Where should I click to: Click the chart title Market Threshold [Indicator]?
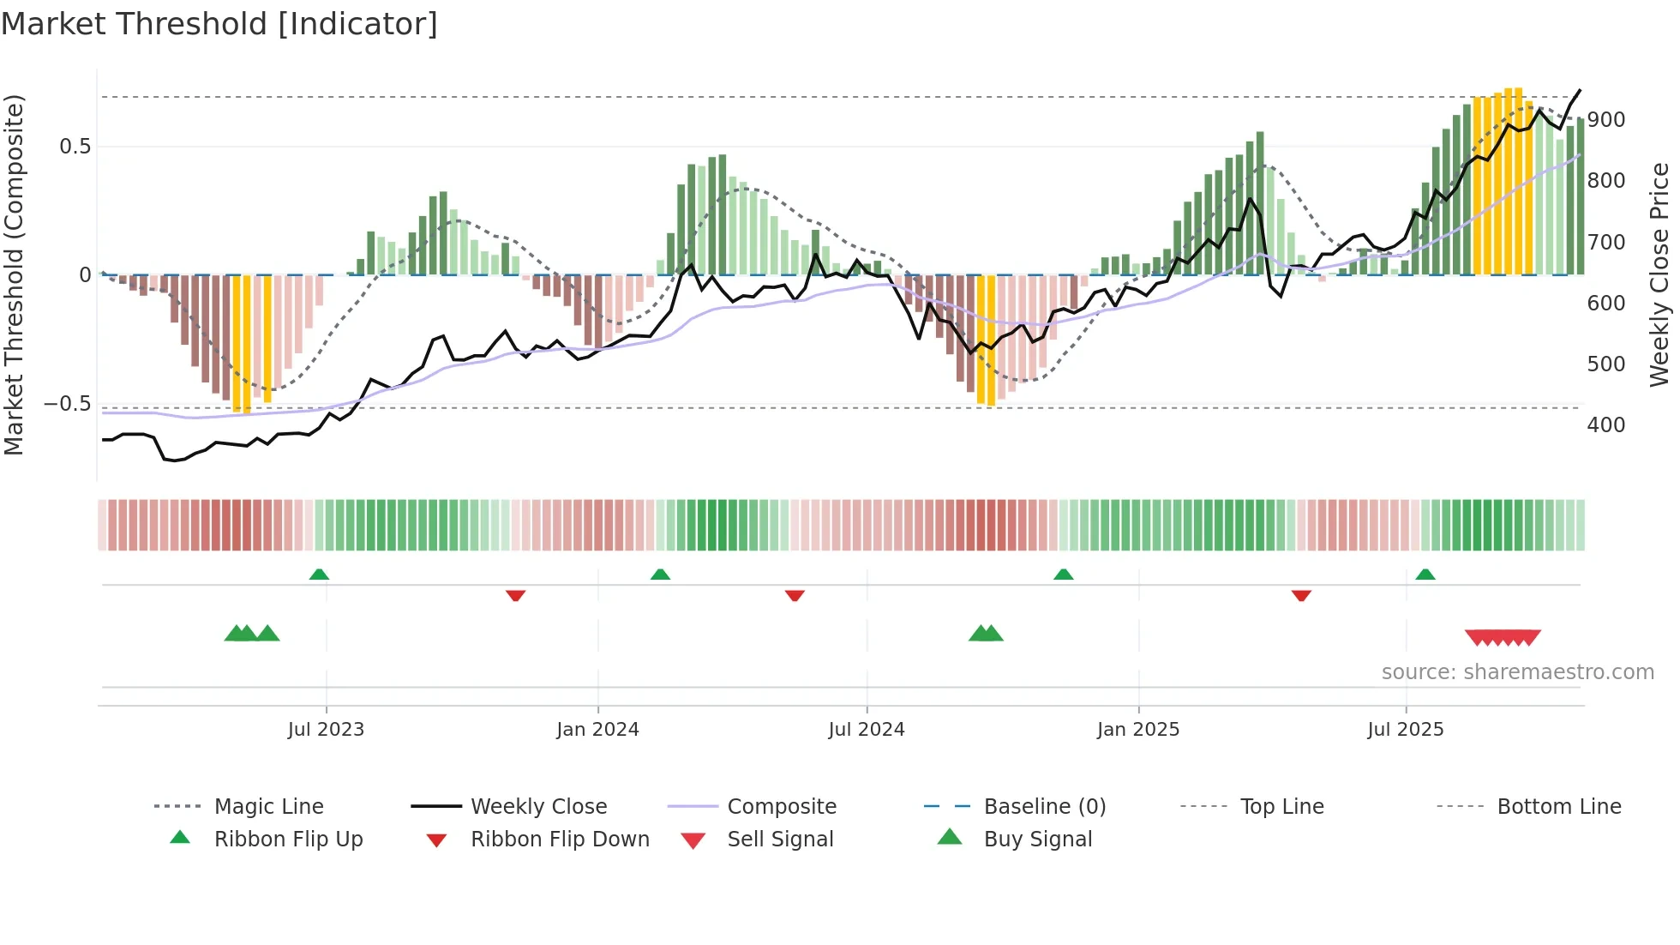[x=219, y=24]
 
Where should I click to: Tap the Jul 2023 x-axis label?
[x=326, y=730]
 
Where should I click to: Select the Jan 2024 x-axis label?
[x=597, y=730]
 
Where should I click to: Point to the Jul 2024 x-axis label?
[x=867, y=730]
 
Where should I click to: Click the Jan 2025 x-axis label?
[x=1138, y=730]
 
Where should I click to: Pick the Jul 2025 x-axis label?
[x=1406, y=730]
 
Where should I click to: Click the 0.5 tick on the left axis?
[x=75, y=147]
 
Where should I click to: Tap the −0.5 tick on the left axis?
[x=68, y=404]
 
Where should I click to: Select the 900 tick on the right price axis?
[x=1606, y=120]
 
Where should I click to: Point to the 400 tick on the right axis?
[x=1606, y=425]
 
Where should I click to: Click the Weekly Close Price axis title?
[x=1659, y=274]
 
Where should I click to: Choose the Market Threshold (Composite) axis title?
[x=14, y=274]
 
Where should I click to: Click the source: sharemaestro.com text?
[x=1517, y=672]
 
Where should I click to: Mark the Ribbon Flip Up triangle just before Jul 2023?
[x=319, y=575]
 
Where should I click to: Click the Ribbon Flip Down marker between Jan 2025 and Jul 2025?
[x=1301, y=595]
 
